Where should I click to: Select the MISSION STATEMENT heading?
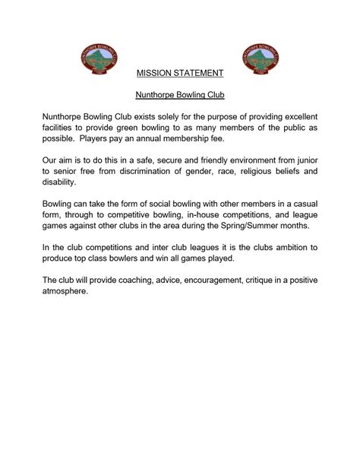tap(180, 74)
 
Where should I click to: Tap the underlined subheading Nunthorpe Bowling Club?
tap(180, 97)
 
